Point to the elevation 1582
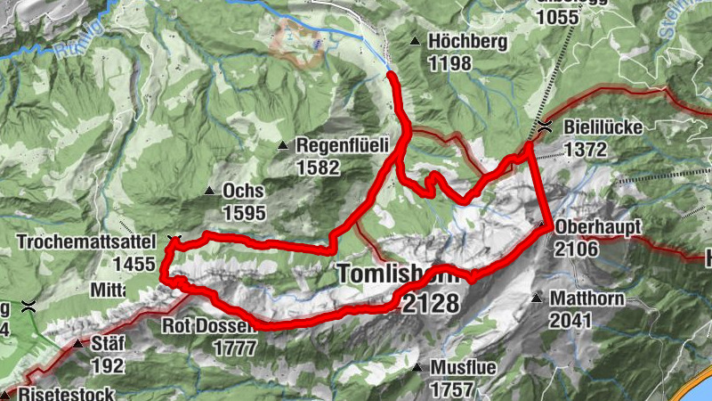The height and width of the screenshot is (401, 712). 318,167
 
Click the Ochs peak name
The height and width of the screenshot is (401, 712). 245,191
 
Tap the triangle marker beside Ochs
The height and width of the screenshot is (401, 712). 210,191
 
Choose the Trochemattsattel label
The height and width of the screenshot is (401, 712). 85,241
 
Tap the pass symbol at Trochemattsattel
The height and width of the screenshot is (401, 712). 174,240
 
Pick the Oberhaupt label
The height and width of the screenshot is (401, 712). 597,228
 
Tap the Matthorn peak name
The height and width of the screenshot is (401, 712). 584,299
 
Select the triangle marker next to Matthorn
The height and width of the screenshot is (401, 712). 537,299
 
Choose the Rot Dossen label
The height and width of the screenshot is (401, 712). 209,326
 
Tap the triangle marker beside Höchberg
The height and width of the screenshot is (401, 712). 415,42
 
